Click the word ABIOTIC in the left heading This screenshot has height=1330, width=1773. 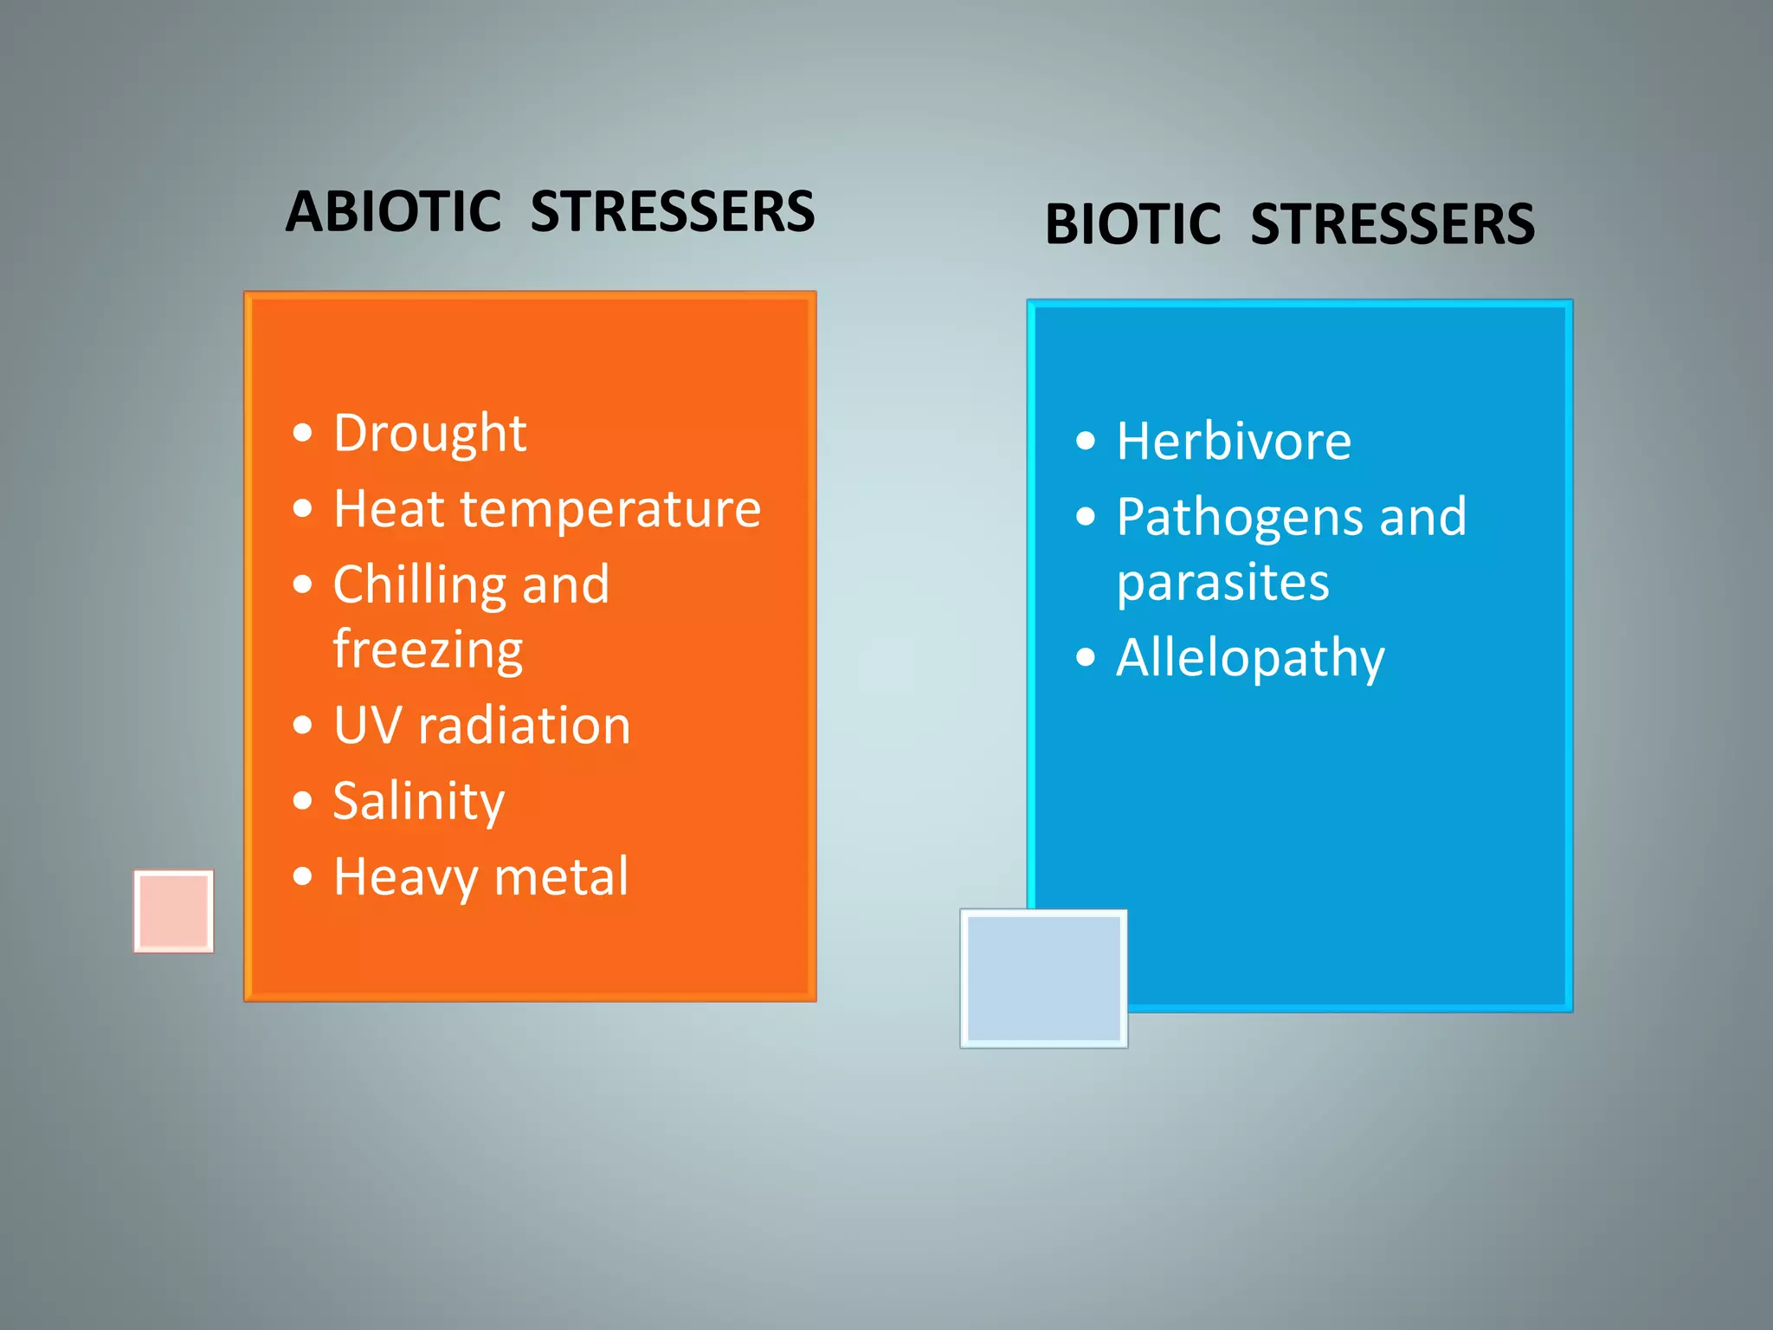pyautogui.click(x=394, y=212)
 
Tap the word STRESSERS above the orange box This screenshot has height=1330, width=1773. pyautogui.click(x=672, y=212)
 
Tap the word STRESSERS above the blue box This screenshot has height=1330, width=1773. pyautogui.click(x=1392, y=224)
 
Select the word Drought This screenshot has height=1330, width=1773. pyautogui.click(x=429, y=433)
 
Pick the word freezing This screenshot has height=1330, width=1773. pyautogui.click(x=428, y=649)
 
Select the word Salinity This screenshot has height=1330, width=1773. pyautogui.click(x=419, y=801)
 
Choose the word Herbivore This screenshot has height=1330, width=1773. pyautogui.click(x=1234, y=442)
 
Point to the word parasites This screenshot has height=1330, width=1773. pyautogui.click(x=1222, y=582)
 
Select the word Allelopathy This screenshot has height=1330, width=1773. pyautogui.click(x=1250, y=658)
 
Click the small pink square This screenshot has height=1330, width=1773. pyautogui.click(x=174, y=911)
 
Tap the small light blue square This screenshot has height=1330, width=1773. pyautogui.click(x=1043, y=978)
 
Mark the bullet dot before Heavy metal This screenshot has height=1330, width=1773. pyautogui.click(x=302, y=876)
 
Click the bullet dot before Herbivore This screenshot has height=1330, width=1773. pyautogui.click(x=1086, y=442)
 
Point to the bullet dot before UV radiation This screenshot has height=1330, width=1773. pyautogui.click(x=302, y=725)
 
